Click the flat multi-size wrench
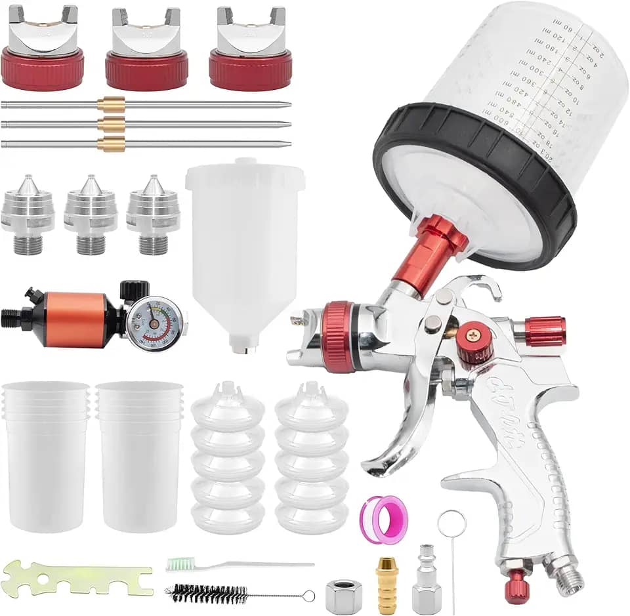(77, 578)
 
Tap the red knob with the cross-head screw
(474, 342)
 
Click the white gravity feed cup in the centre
(244, 249)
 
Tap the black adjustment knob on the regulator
(135, 289)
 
